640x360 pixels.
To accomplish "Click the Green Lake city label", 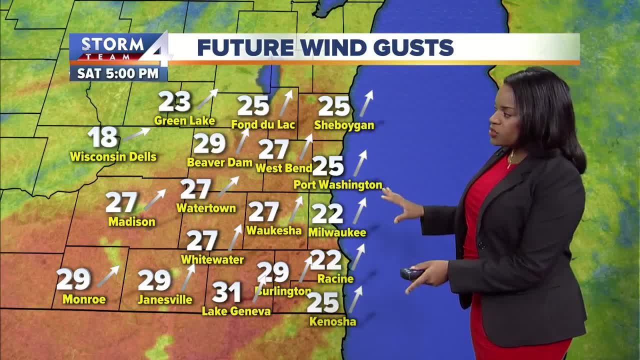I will [184, 120].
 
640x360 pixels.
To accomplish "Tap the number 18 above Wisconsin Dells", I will [102, 137].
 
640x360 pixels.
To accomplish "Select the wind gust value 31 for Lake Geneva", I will [226, 292].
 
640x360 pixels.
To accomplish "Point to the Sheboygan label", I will [344, 125].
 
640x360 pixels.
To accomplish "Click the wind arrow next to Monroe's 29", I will [108, 276].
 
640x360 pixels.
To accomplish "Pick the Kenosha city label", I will [332, 321].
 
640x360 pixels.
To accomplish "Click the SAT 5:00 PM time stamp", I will [118, 73].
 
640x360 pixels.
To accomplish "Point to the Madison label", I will [131, 221].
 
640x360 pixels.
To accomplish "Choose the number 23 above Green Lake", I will [174, 102].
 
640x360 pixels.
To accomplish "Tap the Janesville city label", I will [165, 300].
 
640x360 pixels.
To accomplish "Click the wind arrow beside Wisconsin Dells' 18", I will [136, 134].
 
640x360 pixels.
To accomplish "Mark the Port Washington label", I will [337, 185].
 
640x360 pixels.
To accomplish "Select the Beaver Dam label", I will [219, 162].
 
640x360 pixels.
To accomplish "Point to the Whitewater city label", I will [212, 259].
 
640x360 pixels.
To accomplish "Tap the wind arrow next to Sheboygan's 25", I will [366, 103].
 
